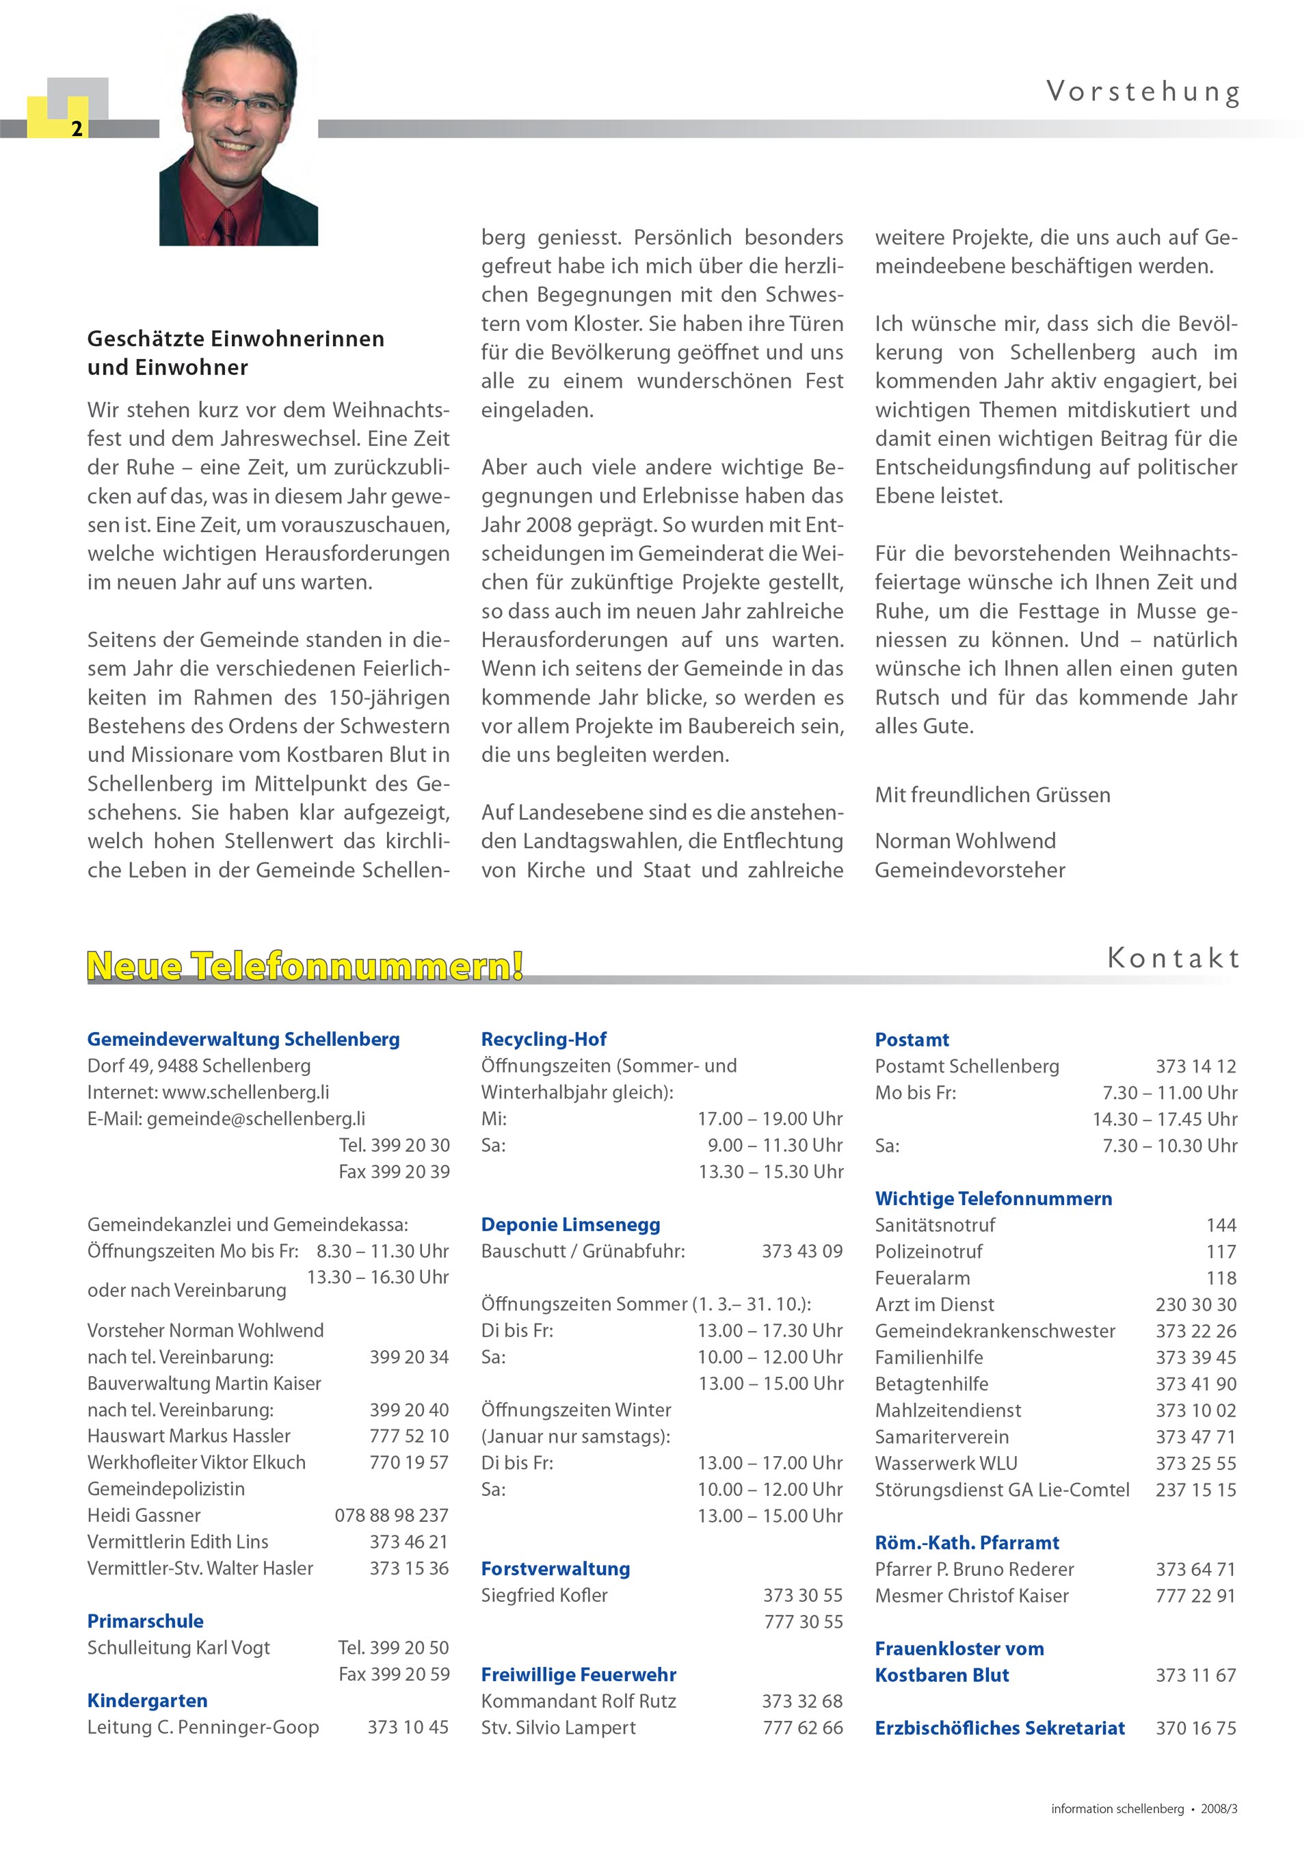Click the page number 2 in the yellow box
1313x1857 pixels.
[x=77, y=129]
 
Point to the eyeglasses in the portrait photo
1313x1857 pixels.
[x=239, y=101]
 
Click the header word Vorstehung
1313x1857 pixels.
[x=1143, y=92]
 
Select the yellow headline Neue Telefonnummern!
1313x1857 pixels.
[x=305, y=966]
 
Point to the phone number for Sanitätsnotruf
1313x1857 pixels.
[x=1221, y=1224]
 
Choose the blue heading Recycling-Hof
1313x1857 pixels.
[x=543, y=1040]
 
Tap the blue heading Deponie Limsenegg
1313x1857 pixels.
[x=570, y=1224]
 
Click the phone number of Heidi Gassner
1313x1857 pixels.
[x=391, y=1515]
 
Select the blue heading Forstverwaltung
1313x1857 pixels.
[x=555, y=1568]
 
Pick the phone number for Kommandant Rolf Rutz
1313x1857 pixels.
[x=802, y=1701]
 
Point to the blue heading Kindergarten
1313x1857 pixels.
[x=147, y=1700]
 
